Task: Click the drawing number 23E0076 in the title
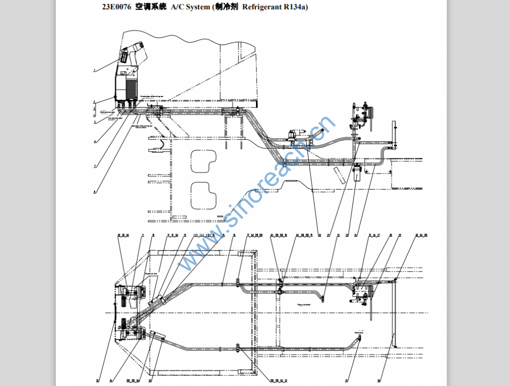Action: click(x=117, y=7)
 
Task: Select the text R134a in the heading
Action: click(x=293, y=7)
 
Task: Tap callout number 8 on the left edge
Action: click(x=94, y=192)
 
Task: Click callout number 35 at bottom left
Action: click(x=98, y=381)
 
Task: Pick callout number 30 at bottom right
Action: click(x=379, y=381)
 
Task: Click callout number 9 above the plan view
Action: click(x=142, y=235)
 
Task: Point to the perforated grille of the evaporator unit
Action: click(x=130, y=90)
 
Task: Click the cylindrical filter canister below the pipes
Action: click(x=356, y=174)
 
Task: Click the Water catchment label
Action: click(x=304, y=304)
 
